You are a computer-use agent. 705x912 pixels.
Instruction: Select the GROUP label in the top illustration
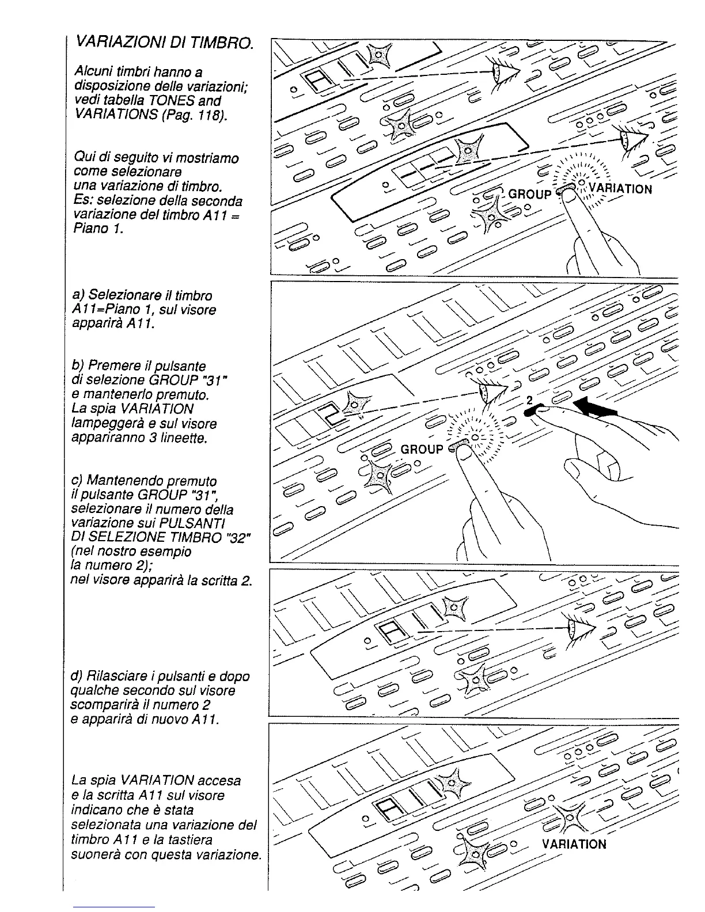[530, 195]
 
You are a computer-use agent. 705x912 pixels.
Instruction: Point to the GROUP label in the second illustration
[422, 450]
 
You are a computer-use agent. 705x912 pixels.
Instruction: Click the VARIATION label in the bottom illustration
[574, 844]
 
